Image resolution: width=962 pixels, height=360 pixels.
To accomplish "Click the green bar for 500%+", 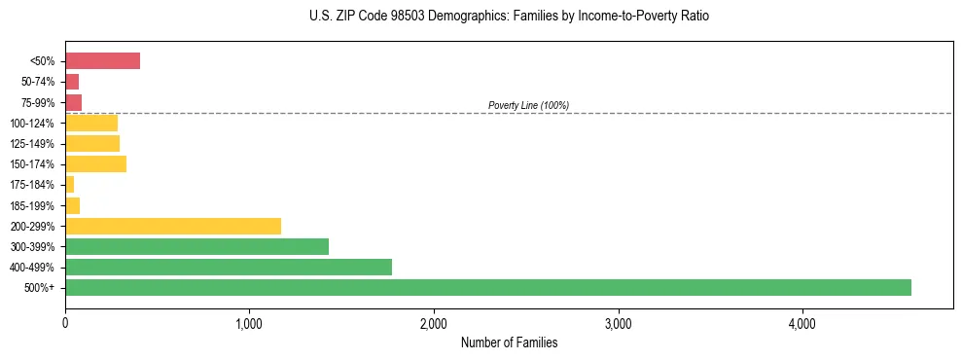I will point(487,287).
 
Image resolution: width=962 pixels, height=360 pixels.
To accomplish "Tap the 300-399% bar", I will point(196,246).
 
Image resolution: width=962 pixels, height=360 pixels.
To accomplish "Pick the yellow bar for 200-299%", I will point(173,226).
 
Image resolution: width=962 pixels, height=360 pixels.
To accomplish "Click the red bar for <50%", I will point(102,61).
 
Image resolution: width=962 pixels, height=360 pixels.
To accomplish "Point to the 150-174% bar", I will point(95,163).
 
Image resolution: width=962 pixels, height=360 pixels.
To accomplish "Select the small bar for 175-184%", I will point(70,184).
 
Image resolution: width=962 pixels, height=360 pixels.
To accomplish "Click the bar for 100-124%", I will point(91,123).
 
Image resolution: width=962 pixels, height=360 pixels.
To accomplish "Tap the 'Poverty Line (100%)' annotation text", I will point(528,105).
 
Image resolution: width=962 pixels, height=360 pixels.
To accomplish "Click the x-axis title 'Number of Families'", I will point(509,342).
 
